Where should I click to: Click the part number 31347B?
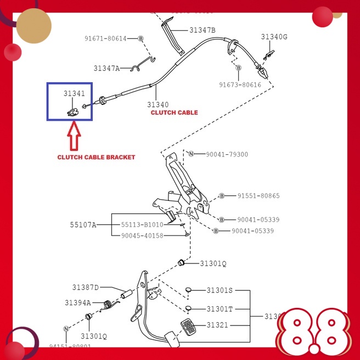point(203,30)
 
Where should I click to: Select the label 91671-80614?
point(105,38)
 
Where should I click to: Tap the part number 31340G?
point(274,37)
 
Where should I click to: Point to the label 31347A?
point(106,69)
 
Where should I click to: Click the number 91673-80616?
point(240,85)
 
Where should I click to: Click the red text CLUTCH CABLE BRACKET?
point(96,157)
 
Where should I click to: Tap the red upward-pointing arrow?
point(74,137)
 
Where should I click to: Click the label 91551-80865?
point(258,195)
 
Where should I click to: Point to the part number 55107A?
point(83,224)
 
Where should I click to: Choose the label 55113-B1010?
point(142,224)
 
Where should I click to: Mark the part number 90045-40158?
point(142,235)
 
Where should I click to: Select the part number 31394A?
point(77,302)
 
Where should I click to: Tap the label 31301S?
point(220,290)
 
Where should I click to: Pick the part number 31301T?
point(220,309)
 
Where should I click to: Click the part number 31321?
point(218,325)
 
